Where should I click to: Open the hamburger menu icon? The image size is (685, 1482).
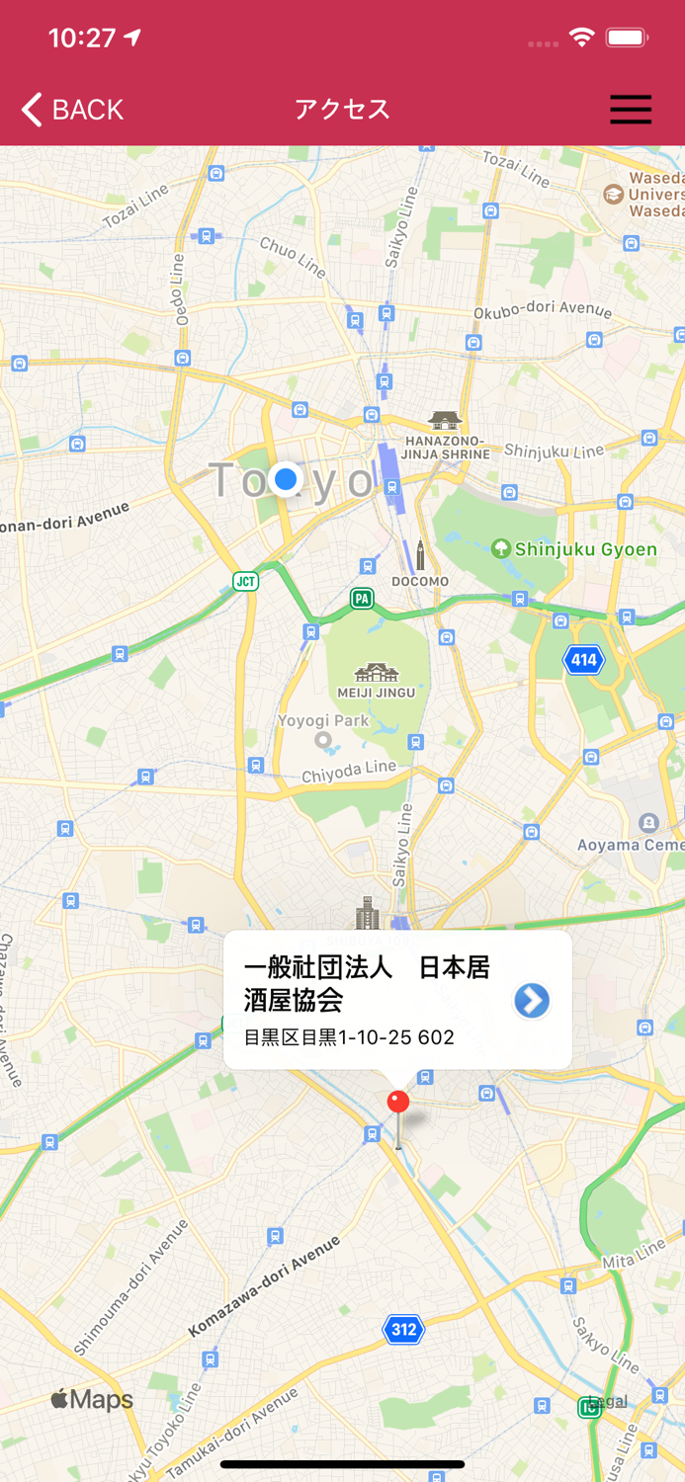pos(630,109)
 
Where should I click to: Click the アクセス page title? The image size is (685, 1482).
pos(342,109)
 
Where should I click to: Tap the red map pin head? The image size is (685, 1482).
pos(398,1102)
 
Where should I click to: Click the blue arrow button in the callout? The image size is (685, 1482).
pos(531,1001)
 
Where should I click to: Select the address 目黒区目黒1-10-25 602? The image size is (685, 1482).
pos(349,1037)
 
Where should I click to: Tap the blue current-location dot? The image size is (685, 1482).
pos(286,479)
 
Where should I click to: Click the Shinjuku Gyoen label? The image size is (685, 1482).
pos(585,549)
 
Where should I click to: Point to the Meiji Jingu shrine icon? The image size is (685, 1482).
pos(377,674)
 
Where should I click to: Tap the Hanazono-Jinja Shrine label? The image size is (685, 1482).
pos(445,447)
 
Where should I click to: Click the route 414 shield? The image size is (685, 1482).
pos(583,660)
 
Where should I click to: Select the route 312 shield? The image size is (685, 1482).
pos(403,1329)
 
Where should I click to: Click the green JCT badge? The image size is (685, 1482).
pos(245,581)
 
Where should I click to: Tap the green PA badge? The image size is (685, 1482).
pos(362,598)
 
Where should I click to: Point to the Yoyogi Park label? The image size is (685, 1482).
pos(323,721)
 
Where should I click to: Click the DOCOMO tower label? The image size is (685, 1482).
pos(420,581)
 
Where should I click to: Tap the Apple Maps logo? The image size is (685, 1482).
pos(91,1399)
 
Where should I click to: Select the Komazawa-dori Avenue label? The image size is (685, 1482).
pos(264,1286)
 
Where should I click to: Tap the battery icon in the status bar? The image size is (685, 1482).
pos(627,39)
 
